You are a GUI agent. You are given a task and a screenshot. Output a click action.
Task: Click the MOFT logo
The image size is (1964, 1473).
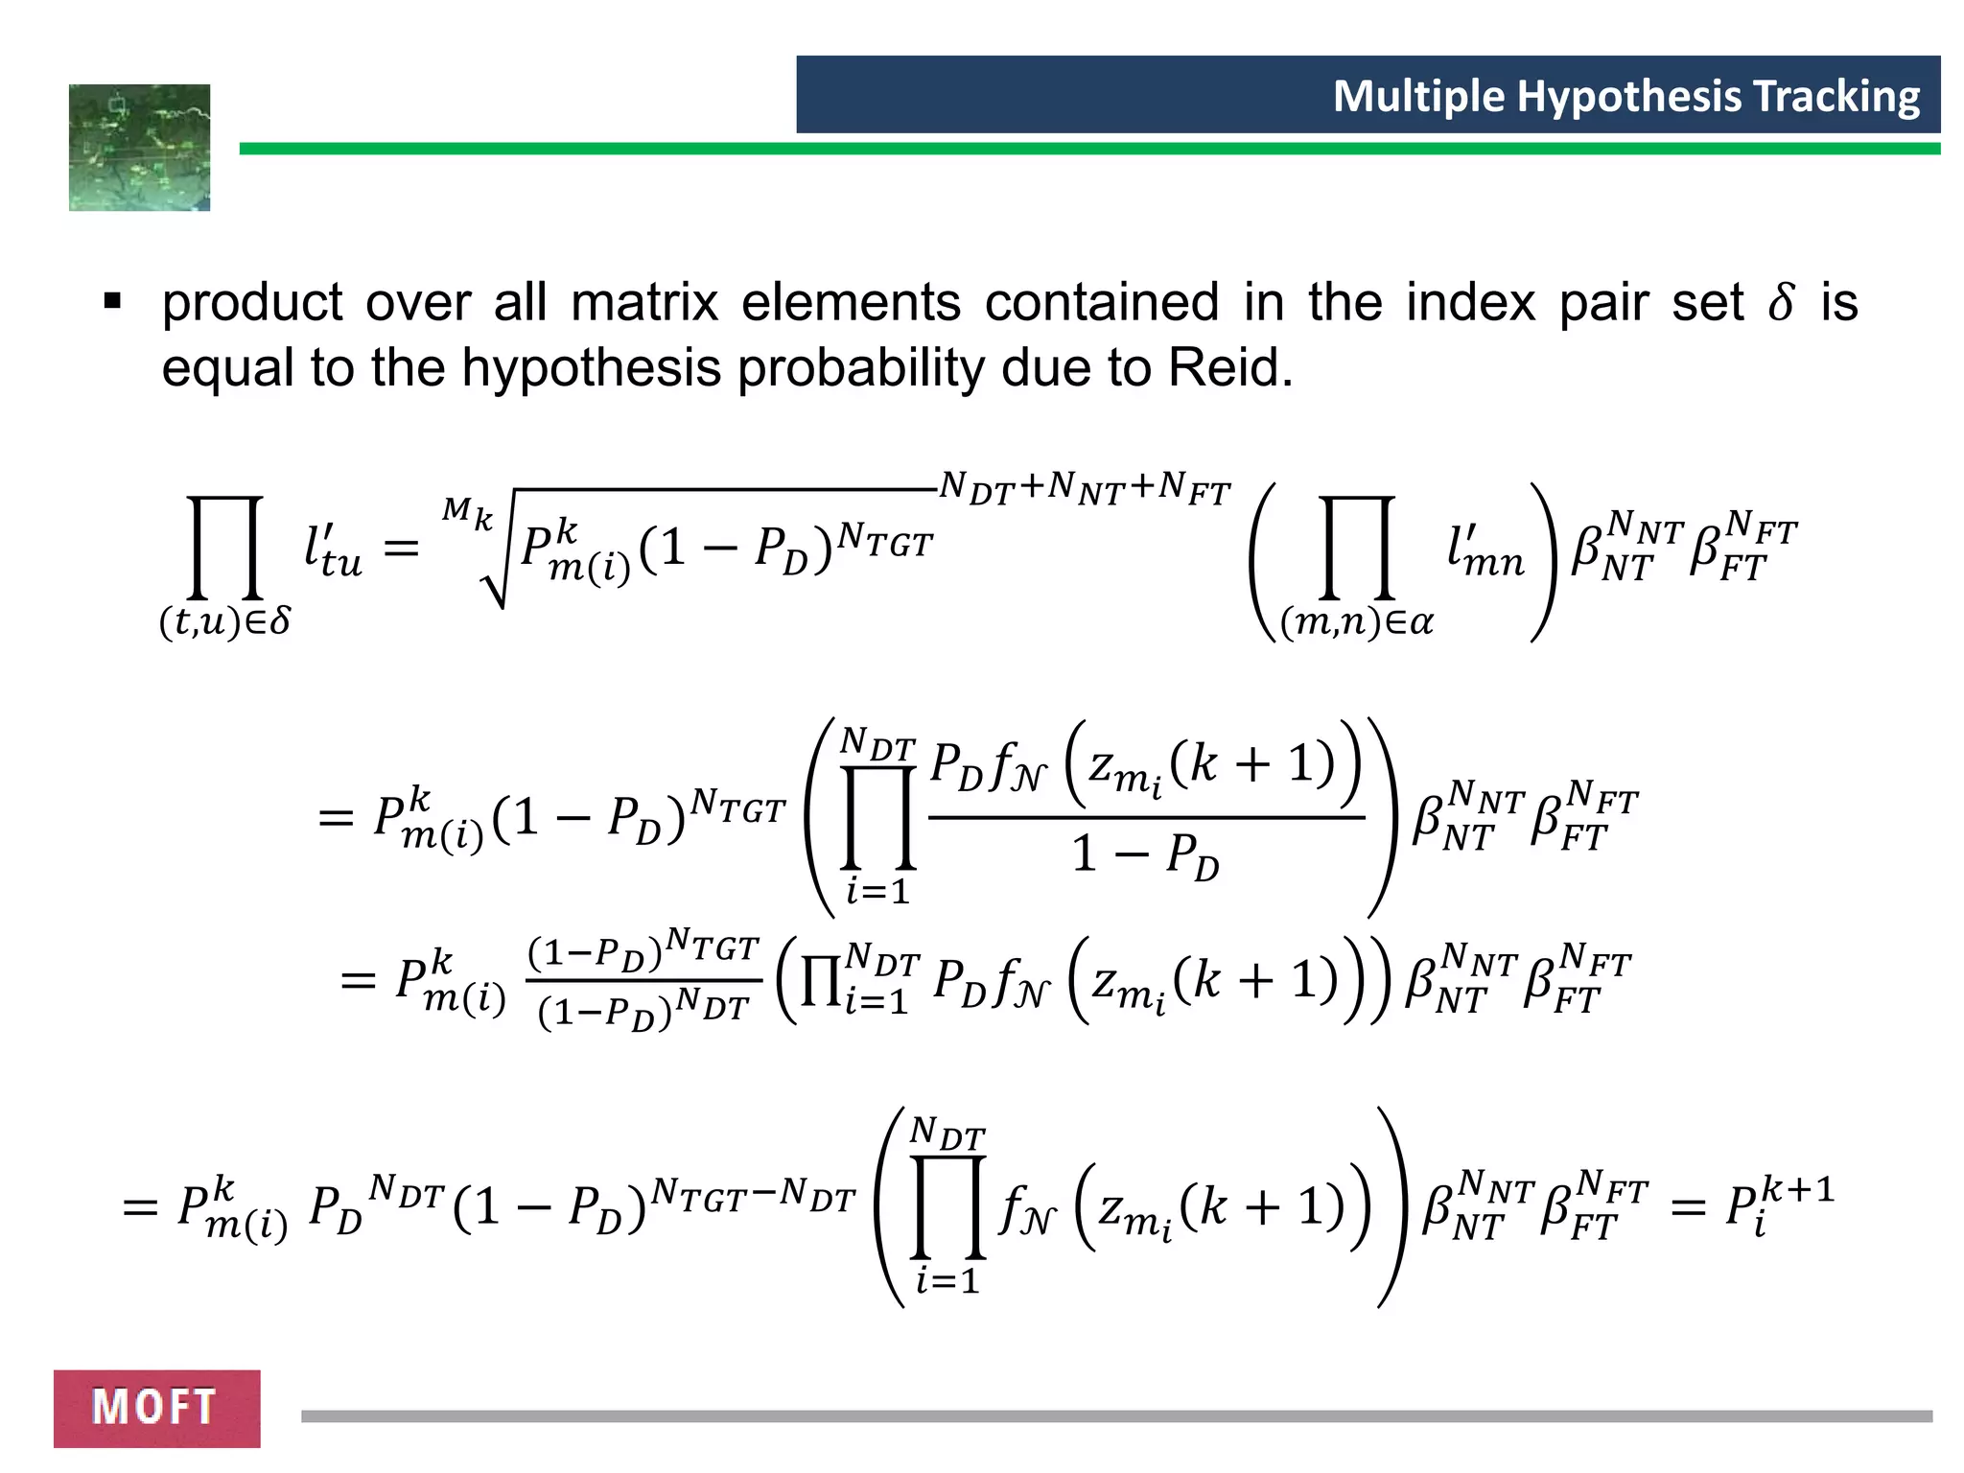[x=156, y=1408]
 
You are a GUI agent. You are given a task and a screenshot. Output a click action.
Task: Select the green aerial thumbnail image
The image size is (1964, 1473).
[x=139, y=148]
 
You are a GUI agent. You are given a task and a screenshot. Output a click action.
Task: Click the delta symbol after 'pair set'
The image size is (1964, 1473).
[x=1780, y=304]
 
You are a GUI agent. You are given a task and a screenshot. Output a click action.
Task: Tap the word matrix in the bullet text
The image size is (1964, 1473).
[x=643, y=303]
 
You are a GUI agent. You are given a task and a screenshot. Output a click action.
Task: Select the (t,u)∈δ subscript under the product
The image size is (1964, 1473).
[x=224, y=622]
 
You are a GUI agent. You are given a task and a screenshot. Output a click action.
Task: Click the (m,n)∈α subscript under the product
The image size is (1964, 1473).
[x=1356, y=622]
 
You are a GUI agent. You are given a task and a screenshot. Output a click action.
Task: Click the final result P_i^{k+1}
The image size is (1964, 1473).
[x=1778, y=1206]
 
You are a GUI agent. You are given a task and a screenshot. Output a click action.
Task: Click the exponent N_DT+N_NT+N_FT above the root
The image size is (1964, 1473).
[x=1084, y=488]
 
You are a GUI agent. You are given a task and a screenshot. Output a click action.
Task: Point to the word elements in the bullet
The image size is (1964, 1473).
[x=850, y=303]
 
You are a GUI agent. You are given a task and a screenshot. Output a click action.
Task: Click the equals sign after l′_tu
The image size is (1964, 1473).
[x=401, y=549]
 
